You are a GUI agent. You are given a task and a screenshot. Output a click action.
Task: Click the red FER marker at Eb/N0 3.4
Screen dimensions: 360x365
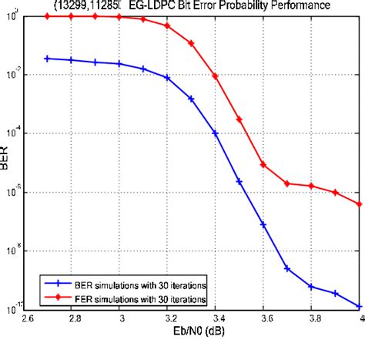tap(216, 76)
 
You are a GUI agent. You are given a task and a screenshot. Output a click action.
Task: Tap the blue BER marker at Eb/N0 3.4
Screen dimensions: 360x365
tap(216, 133)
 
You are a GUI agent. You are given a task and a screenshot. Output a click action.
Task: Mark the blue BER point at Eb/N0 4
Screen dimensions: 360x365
tap(359, 307)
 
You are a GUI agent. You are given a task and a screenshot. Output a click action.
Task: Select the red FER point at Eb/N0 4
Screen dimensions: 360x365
tap(359, 204)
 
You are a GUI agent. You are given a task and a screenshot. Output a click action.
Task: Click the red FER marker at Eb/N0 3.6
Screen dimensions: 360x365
tap(263, 164)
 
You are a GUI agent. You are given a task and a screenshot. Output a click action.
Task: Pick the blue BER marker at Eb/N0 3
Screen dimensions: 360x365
tap(120, 64)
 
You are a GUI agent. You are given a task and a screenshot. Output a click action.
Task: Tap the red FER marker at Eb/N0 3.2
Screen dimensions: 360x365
tap(168, 25)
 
